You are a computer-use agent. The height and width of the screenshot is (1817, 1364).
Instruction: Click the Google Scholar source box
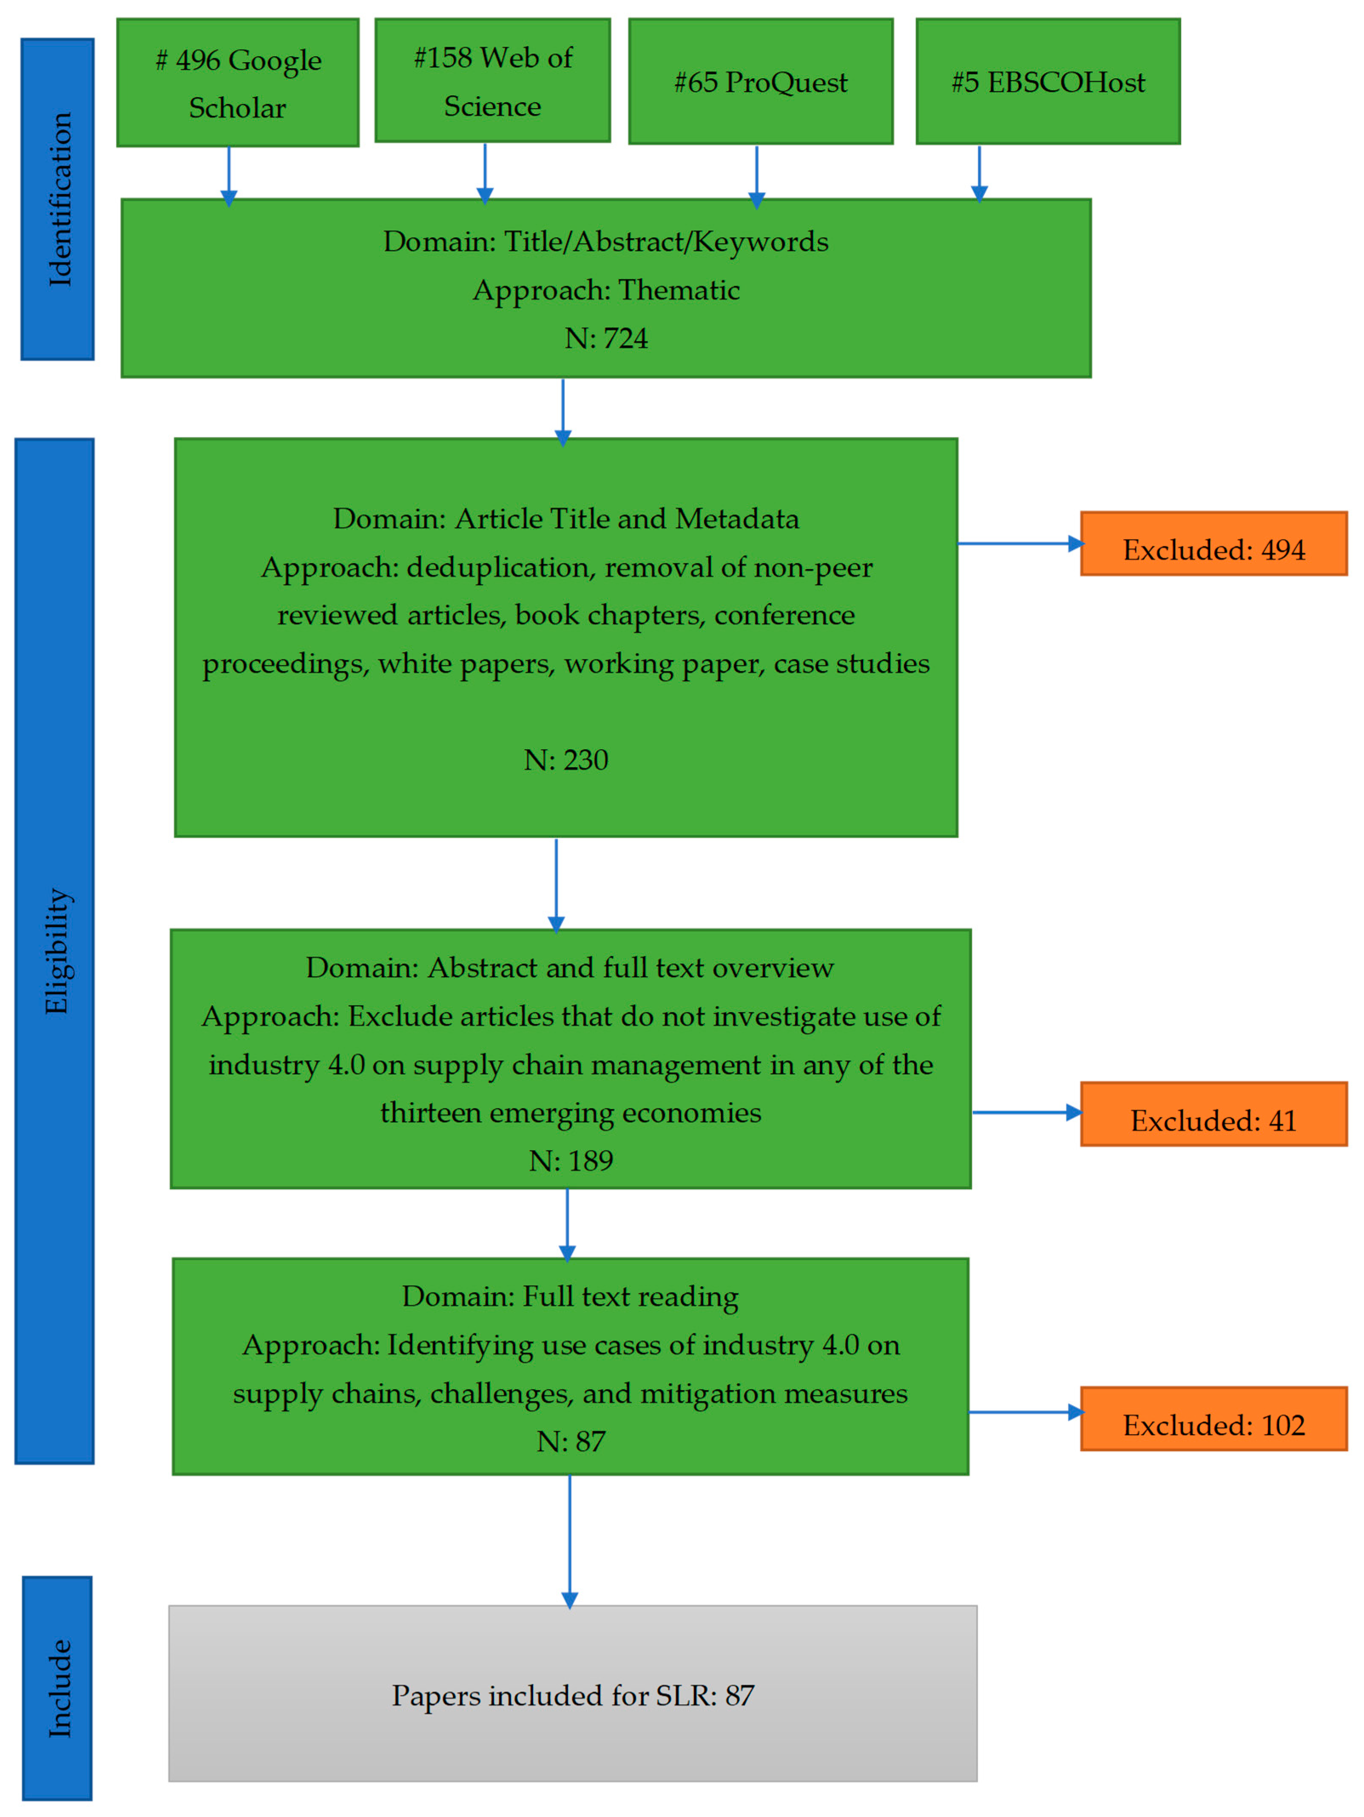tap(237, 83)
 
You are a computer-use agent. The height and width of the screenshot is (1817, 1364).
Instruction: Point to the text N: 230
tap(566, 760)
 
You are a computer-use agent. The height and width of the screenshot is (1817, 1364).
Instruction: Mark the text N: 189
tap(571, 1161)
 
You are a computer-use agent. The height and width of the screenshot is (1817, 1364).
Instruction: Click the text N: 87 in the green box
tap(571, 1442)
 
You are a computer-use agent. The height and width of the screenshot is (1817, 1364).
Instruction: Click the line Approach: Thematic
tap(606, 290)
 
